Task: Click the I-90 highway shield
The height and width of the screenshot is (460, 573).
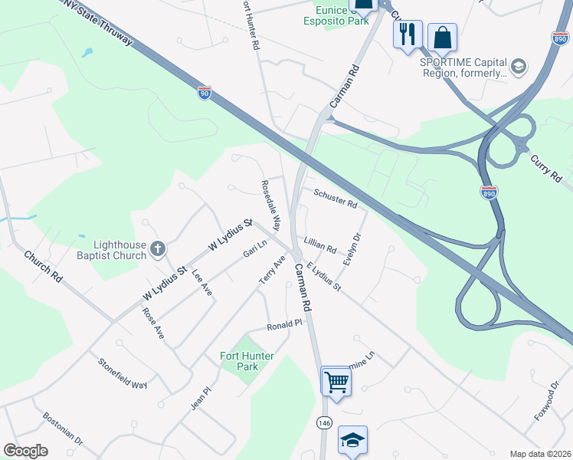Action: (204, 93)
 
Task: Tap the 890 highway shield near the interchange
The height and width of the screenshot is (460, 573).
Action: (489, 192)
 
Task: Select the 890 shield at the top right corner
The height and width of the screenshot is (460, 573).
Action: (561, 37)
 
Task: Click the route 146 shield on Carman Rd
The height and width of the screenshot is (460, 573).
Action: (324, 422)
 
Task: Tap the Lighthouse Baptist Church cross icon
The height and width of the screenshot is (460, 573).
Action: (158, 248)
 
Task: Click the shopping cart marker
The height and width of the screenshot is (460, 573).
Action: (336, 379)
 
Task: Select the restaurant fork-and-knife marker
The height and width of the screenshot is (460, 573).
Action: (408, 34)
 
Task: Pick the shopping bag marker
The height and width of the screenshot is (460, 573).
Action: (442, 36)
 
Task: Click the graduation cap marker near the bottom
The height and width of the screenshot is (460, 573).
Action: (352, 440)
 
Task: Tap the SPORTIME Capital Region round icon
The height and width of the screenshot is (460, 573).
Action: (519, 66)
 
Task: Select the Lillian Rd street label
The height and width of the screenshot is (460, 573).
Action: (320, 245)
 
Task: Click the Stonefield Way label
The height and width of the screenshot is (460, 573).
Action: (123, 373)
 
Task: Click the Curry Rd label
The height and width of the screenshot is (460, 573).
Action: (546, 169)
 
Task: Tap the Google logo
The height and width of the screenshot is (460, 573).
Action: (25, 451)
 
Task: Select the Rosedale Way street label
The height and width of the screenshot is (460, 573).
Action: (271, 205)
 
